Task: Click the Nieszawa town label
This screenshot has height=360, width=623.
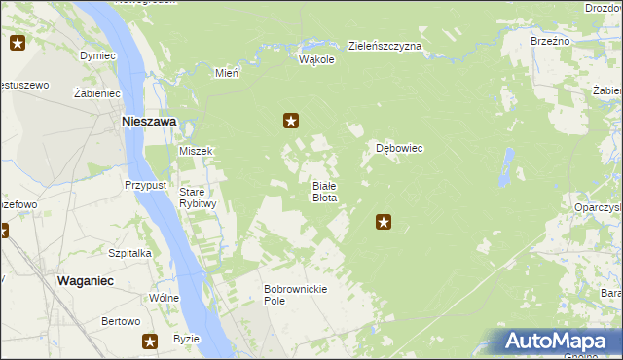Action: pos(148,122)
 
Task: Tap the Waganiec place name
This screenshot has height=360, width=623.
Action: pos(86,279)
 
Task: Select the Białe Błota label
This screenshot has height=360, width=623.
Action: pos(324,191)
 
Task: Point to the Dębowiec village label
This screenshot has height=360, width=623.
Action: pos(399,149)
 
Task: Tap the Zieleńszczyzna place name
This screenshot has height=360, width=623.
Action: pos(385,46)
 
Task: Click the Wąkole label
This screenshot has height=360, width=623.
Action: pos(316,59)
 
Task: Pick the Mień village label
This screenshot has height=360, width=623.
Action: pos(227,72)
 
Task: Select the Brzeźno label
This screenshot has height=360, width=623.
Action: pos(550,41)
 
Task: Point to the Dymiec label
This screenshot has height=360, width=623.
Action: pos(97,55)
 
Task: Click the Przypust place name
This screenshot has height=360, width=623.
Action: pos(146,184)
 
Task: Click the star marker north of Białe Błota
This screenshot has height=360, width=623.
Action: pos(290,121)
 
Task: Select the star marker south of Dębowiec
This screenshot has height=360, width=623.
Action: pos(384,223)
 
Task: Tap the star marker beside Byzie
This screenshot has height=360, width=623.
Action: pos(150,342)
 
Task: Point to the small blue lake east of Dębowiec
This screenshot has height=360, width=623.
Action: pos(506,166)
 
